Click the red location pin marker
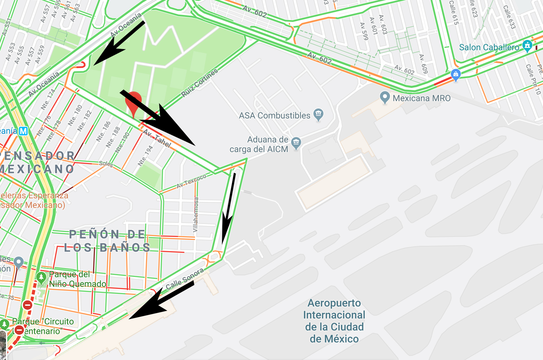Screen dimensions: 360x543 point(133,101)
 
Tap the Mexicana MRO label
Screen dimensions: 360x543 point(421,98)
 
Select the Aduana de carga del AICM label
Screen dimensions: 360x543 point(259,144)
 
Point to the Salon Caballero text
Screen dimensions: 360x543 point(489,47)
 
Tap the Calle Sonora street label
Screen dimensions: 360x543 point(185,279)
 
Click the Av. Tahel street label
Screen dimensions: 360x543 point(157,138)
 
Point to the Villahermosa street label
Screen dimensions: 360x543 point(196,215)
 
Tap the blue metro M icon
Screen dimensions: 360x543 point(23,131)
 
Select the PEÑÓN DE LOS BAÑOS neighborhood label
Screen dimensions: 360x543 point(107,241)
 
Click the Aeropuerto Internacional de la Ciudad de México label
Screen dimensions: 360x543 point(334,321)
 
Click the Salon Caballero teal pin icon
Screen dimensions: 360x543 point(527,46)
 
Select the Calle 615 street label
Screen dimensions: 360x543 point(453,13)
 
